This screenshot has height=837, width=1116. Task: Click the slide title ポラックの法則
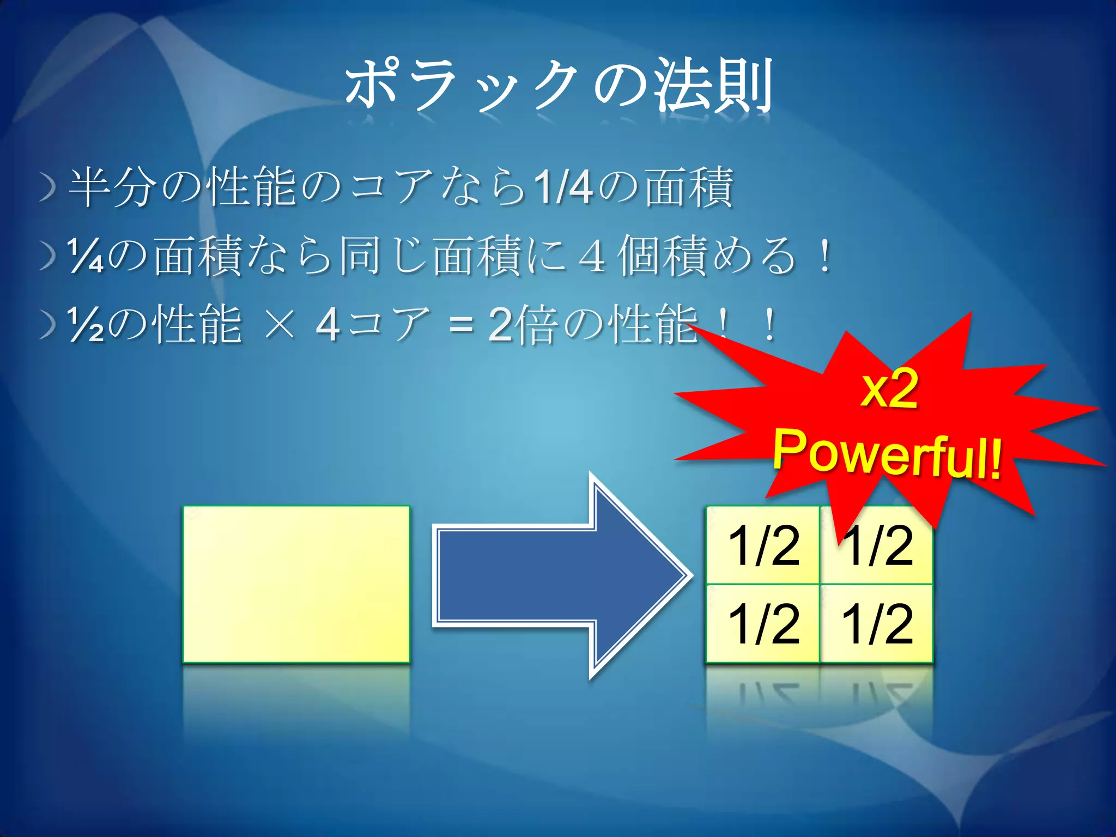559,86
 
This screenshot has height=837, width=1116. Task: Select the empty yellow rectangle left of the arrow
296,584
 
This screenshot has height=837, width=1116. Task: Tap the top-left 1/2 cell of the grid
763,545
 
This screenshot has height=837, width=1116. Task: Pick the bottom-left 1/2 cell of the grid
763,624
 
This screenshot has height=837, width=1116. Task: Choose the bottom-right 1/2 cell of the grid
877,624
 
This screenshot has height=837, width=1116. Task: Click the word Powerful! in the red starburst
887,452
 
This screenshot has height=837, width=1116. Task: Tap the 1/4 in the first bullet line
563,187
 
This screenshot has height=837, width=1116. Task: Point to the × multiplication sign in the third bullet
279,325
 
